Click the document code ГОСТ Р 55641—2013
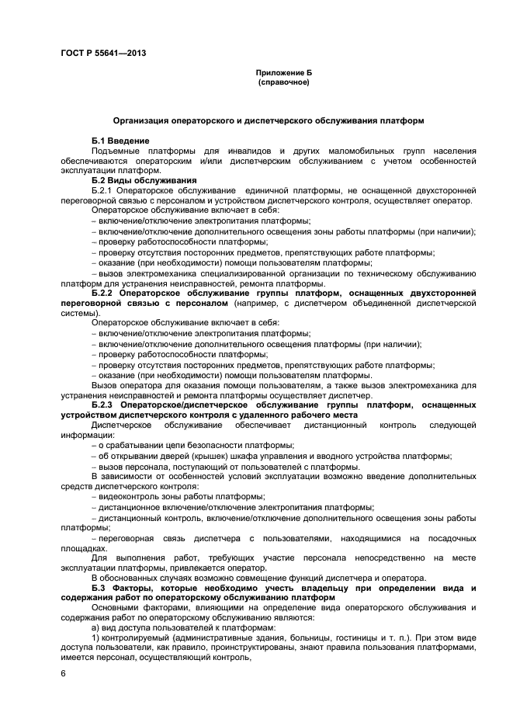tap(103, 53)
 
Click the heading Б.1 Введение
tap(119, 140)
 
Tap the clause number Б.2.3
tap(103, 405)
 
